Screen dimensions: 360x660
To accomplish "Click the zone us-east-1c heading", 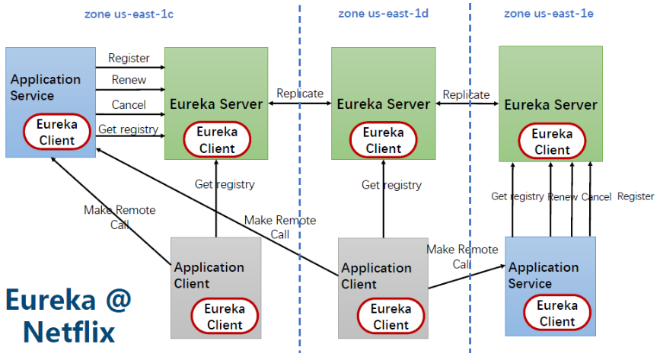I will [128, 14].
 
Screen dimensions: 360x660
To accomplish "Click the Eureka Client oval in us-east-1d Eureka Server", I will [384, 140].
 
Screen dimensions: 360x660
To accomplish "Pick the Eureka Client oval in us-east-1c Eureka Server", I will [216, 141].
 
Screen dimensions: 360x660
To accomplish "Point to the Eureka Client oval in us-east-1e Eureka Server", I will [551, 142].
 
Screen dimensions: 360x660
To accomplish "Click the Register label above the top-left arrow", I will [129, 58].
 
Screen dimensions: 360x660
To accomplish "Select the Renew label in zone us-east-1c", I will [129, 80].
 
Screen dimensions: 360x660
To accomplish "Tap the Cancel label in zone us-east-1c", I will [129, 105].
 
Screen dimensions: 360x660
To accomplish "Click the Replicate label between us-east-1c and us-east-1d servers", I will [300, 94].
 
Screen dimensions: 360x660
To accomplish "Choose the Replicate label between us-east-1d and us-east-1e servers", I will [466, 94].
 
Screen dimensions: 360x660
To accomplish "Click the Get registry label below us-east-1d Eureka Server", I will [391, 185].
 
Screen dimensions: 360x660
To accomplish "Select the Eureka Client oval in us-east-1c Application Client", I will [224, 317].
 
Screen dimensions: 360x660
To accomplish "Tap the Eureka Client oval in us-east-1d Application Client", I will [391, 317].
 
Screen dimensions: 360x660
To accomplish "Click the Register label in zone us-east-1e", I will [635, 196].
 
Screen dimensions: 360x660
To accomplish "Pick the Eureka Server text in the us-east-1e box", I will [550, 104].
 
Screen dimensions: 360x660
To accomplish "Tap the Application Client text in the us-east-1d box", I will [376, 276].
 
